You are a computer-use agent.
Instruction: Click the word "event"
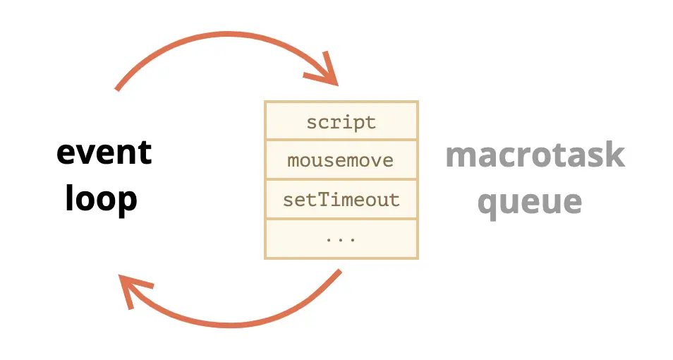pyautogui.click(x=104, y=152)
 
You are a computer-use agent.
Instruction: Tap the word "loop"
pyautogui.click(x=102, y=198)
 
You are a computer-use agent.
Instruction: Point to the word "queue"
pyautogui.click(x=530, y=203)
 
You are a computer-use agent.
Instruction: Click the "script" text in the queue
pyautogui.click(x=341, y=122)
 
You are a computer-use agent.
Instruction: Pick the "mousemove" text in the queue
pyautogui.click(x=340, y=161)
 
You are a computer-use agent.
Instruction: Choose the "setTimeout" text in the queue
pyautogui.click(x=341, y=200)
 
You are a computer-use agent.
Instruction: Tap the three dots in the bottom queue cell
pyautogui.click(x=341, y=240)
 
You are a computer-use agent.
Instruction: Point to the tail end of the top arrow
pyautogui.click(x=116, y=90)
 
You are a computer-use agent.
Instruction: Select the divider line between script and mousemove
pyautogui.click(x=341, y=140)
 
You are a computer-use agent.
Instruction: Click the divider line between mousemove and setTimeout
pyautogui.click(x=341, y=179)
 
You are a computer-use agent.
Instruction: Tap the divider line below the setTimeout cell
pyautogui.click(x=341, y=219)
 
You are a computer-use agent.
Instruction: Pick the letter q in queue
pyautogui.click(x=487, y=205)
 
